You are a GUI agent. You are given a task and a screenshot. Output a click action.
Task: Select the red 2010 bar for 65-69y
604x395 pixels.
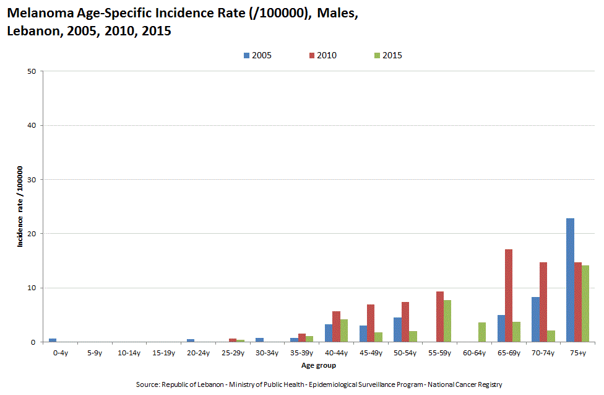tap(509, 296)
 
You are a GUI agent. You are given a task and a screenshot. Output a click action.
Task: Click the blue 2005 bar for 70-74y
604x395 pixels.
tap(535, 319)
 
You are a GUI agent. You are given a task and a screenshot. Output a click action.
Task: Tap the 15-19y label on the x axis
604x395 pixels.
tap(163, 352)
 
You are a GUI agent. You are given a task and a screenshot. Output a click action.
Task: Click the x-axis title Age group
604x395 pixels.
tap(318, 365)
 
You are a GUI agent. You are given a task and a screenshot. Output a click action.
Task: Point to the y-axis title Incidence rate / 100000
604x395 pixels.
tap(20, 206)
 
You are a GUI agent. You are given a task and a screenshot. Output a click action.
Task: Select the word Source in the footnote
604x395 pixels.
tap(148, 385)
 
